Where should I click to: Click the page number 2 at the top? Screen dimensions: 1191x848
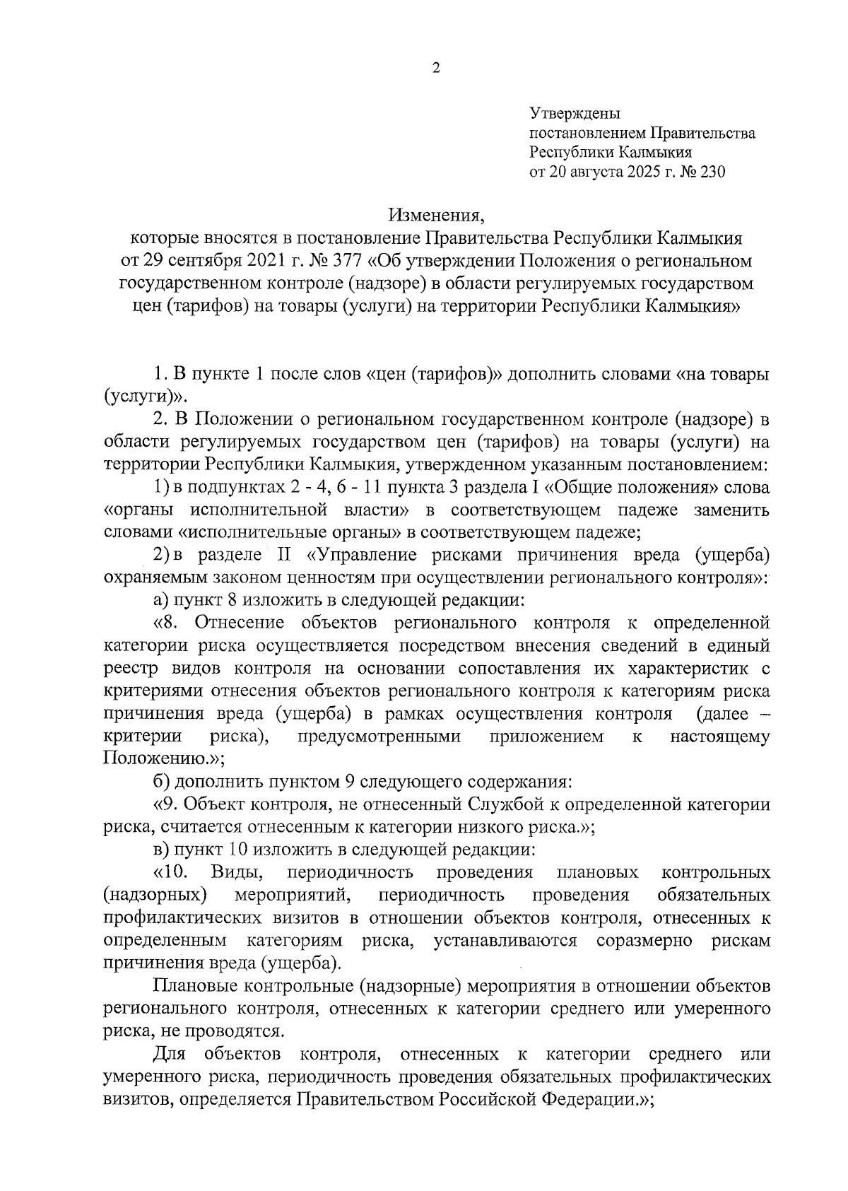point(435,68)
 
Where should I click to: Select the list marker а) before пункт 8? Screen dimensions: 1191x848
point(162,600)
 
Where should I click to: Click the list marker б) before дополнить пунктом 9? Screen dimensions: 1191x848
point(162,782)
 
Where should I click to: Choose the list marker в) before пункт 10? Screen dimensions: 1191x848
point(162,850)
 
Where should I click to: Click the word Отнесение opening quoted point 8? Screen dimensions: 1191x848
point(239,623)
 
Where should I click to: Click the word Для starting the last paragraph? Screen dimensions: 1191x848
point(168,1055)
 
